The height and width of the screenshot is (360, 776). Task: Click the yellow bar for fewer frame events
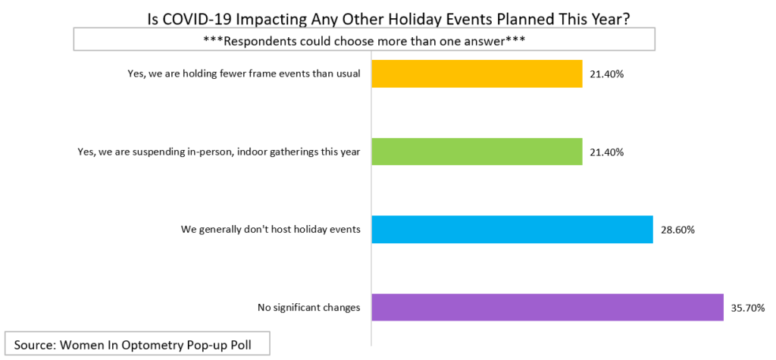477,74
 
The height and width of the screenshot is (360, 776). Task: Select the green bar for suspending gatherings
477,152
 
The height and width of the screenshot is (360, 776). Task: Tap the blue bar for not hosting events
512,230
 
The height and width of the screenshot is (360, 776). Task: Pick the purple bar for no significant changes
547,307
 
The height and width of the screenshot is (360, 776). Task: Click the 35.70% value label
748,308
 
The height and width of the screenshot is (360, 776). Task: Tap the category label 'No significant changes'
309,308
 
